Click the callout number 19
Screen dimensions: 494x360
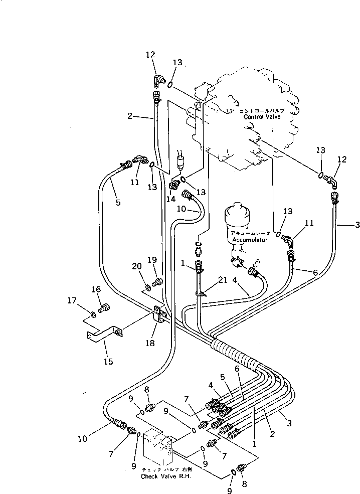coord(152,260)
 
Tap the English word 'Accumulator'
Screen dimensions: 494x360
coord(249,240)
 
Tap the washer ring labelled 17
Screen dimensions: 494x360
coord(93,314)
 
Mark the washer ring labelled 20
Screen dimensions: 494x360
coord(148,287)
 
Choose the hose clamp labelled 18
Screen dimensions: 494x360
coord(160,315)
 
